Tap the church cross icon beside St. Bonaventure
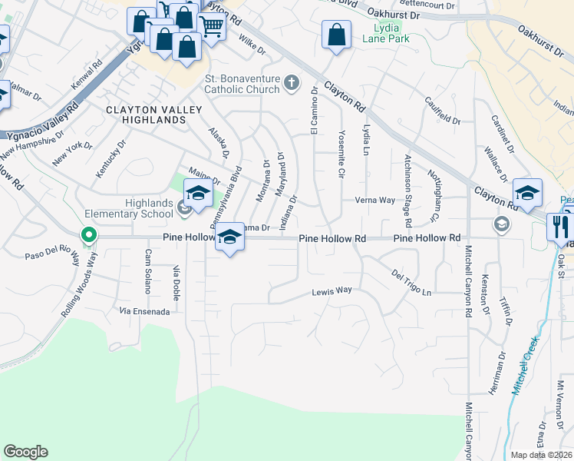pyautogui.click(x=291, y=83)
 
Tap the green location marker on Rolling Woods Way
pyautogui.click(x=89, y=235)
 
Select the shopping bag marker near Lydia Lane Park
pyautogui.click(x=336, y=35)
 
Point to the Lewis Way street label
pyautogui.click(x=332, y=291)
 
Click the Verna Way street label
pyautogui.click(x=374, y=200)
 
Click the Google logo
pyautogui.click(x=25, y=452)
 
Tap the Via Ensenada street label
pyautogui.click(x=144, y=311)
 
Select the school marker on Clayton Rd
pyautogui.click(x=527, y=192)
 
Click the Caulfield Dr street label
pyautogui.click(x=443, y=110)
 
